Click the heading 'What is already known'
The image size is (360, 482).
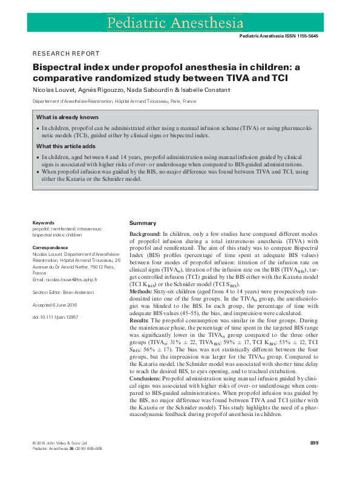pos(67,117)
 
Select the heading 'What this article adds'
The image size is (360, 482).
pos(65,146)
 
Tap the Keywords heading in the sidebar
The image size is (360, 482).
pos(44,223)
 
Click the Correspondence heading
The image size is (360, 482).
pos(50,247)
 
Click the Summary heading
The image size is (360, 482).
pos(143,223)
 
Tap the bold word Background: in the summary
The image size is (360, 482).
pos(145,233)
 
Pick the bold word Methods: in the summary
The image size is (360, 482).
pos(142,291)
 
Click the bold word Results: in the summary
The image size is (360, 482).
pos(141,320)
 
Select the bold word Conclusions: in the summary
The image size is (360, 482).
pos(146,378)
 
